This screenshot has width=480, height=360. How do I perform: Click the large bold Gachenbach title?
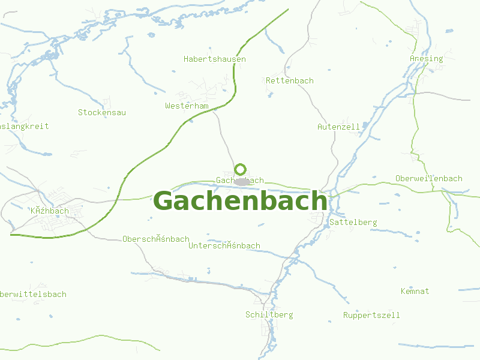(x=241, y=201)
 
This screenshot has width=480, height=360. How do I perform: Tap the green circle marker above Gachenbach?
(x=241, y=169)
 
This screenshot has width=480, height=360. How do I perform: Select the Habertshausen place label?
(x=215, y=59)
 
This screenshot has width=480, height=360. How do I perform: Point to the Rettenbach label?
(x=290, y=80)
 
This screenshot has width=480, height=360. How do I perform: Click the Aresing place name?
(x=426, y=59)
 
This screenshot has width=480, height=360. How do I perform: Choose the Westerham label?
(x=187, y=106)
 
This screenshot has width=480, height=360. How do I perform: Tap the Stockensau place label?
(x=102, y=112)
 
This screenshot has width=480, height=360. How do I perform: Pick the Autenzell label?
(x=338, y=127)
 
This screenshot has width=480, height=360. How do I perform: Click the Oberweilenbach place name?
(x=429, y=179)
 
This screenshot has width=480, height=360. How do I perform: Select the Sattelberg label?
(x=353, y=223)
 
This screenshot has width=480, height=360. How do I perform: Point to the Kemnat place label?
(x=415, y=292)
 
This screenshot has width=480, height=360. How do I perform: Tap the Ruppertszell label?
(x=371, y=316)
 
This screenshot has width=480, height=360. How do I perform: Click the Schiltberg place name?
(x=269, y=315)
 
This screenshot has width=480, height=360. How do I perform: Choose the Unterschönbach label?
(x=224, y=246)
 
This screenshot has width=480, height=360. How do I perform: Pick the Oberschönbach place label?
(x=156, y=239)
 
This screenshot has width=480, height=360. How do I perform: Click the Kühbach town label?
(x=50, y=211)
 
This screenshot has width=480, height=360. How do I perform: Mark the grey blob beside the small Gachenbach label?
(x=242, y=181)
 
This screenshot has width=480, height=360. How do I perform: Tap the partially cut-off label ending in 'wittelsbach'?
(x=33, y=295)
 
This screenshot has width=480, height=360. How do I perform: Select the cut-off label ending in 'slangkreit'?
(x=24, y=127)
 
